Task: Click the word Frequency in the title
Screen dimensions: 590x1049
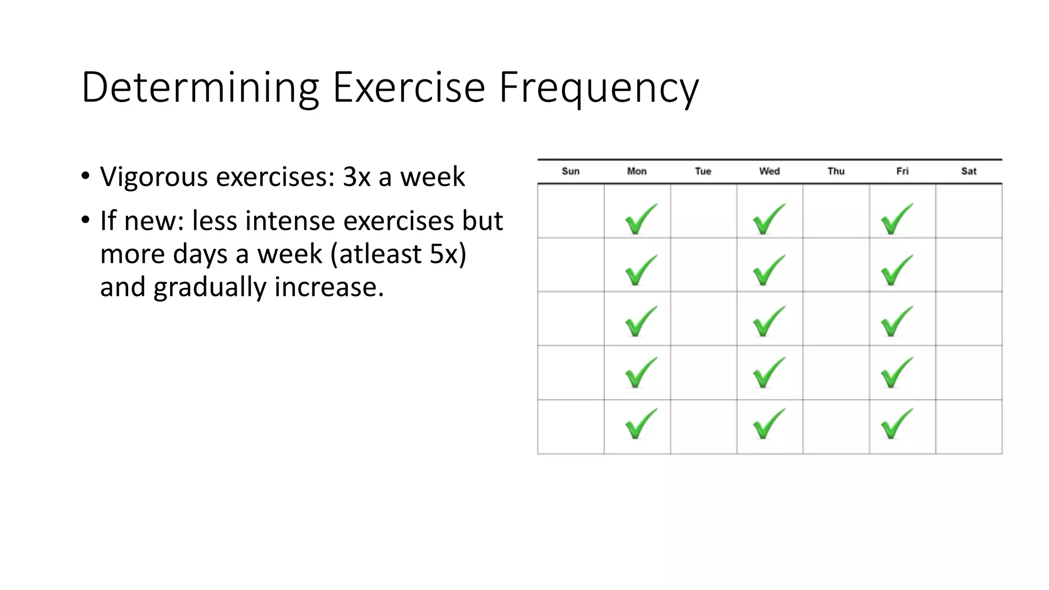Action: click(x=598, y=88)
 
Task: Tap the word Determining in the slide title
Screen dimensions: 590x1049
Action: click(x=200, y=88)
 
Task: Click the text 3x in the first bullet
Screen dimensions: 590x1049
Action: click(x=356, y=177)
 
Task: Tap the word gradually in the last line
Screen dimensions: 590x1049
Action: click(x=209, y=287)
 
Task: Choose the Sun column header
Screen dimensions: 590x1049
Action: click(x=571, y=171)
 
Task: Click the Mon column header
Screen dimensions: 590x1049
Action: click(x=637, y=171)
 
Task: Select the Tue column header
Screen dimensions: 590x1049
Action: click(x=703, y=171)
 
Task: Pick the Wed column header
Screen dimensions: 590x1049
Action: click(x=769, y=171)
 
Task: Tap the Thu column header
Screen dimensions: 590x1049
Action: click(x=835, y=171)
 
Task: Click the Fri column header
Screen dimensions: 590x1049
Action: click(x=902, y=171)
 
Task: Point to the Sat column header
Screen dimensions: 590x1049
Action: click(x=969, y=171)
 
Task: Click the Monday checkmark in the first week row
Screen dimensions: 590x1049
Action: click(x=640, y=219)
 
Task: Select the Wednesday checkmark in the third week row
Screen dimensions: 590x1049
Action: click(x=768, y=321)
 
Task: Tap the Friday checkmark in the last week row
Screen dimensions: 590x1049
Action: click(x=896, y=424)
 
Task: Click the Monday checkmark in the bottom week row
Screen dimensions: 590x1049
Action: click(x=640, y=424)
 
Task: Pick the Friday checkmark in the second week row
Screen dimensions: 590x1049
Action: click(x=896, y=270)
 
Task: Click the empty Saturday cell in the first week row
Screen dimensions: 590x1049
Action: click(x=969, y=211)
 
